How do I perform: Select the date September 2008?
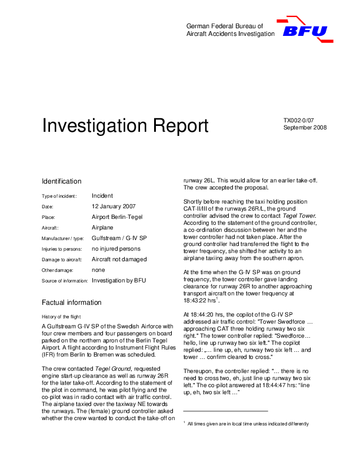(x=305, y=127)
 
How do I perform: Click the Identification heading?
(x=62, y=181)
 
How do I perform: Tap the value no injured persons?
(x=116, y=249)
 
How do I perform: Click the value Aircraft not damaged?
(x=119, y=259)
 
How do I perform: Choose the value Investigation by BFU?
(x=119, y=281)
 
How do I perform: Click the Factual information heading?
(x=71, y=302)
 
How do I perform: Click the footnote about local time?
(x=247, y=424)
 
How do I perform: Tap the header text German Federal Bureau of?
(x=225, y=26)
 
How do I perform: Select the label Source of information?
(x=65, y=281)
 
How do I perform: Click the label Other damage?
(x=58, y=271)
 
